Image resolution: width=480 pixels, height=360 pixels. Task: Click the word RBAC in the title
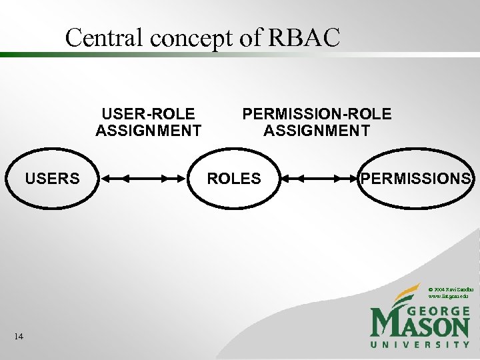304,38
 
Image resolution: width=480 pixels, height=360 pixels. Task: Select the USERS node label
52,179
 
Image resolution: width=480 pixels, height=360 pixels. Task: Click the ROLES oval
234,179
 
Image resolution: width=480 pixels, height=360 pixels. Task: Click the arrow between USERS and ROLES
144,179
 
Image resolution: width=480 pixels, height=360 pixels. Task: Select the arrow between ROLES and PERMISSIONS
319,179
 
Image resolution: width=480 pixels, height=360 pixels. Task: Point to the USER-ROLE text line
148,114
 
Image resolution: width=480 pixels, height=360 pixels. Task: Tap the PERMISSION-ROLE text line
317,114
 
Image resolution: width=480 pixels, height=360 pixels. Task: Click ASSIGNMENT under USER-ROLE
148,130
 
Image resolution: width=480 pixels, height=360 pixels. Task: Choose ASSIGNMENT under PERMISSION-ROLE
317,130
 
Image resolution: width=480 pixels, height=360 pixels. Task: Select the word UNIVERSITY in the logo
420,345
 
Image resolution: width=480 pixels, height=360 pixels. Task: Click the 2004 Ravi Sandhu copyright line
451,288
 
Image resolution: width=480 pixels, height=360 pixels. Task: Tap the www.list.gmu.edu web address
450,295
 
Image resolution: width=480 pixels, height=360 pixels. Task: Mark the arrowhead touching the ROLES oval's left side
184,179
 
